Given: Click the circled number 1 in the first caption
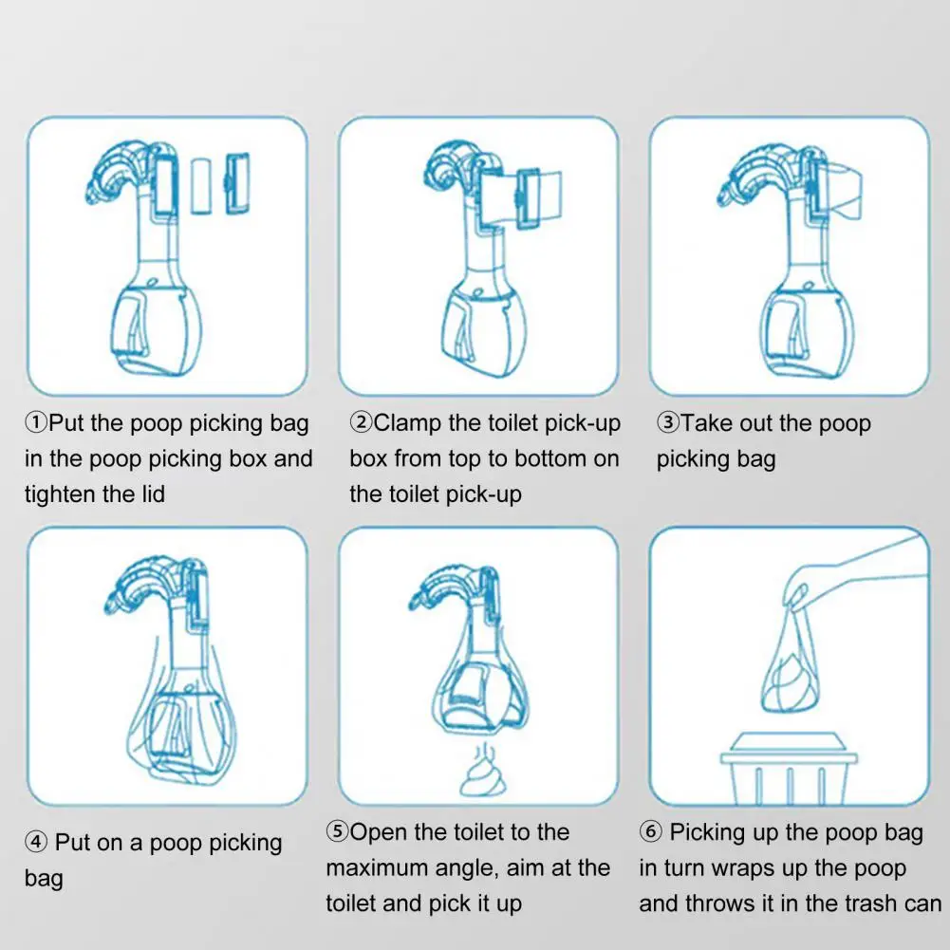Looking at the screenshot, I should (x=36, y=423).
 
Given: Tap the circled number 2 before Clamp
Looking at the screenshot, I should (x=361, y=423).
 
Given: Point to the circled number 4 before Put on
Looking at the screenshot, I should (x=35, y=843).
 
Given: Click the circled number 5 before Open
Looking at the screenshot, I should (x=337, y=833).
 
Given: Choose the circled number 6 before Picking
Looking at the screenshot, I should (x=651, y=833).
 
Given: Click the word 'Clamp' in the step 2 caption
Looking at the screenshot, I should (x=408, y=423).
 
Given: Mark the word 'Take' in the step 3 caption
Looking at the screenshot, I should (x=706, y=423).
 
